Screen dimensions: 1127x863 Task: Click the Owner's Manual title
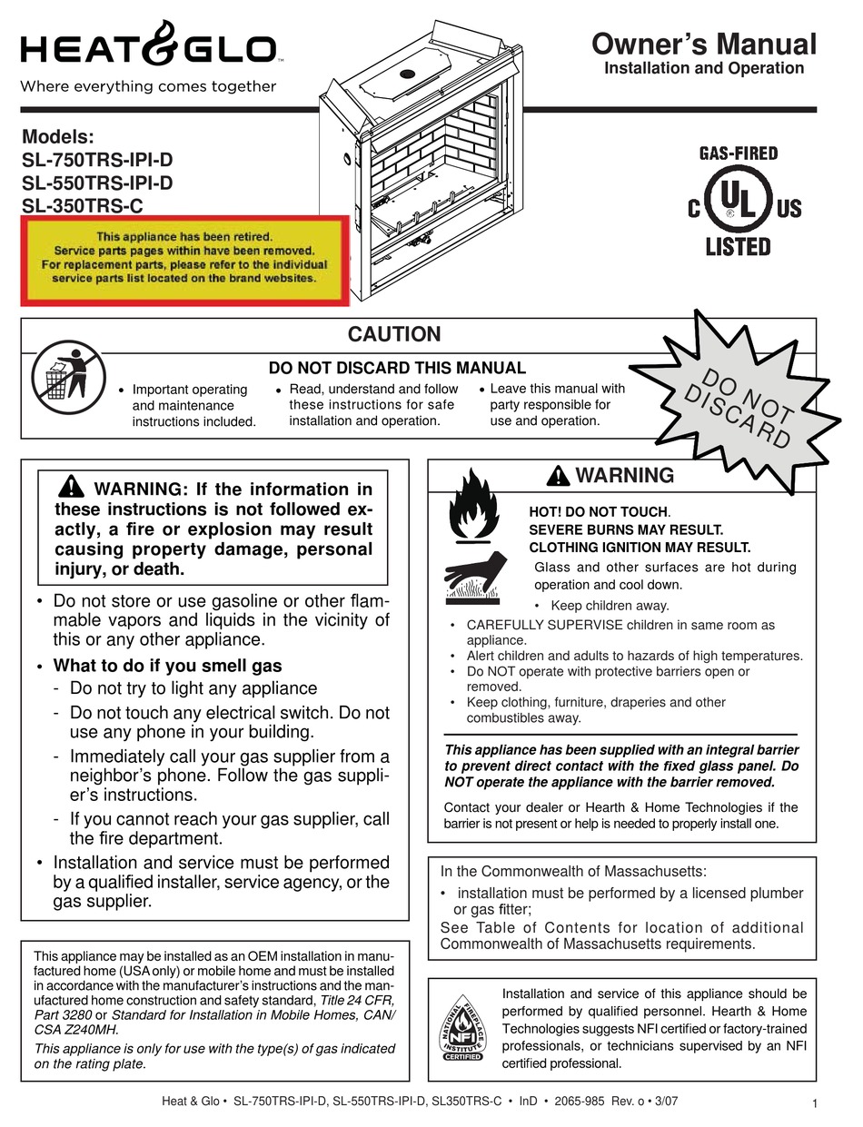click(x=703, y=44)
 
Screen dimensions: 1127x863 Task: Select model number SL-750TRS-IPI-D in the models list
click(x=97, y=160)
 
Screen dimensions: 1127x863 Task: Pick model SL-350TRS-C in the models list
click(x=84, y=205)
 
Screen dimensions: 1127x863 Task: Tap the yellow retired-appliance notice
click(x=185, y=258)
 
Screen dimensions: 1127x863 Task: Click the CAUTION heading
click(x=394, y=334)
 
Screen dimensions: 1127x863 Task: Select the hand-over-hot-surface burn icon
click(x=473, y=577)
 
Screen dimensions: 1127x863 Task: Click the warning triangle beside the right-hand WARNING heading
click(x=559, y=475)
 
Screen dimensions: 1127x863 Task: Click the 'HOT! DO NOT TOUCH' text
click(x=599, y=512)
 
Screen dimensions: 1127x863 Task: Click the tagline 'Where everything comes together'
click(x=148, y=87)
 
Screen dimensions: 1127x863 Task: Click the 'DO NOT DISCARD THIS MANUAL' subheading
click(x=397, y=368)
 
